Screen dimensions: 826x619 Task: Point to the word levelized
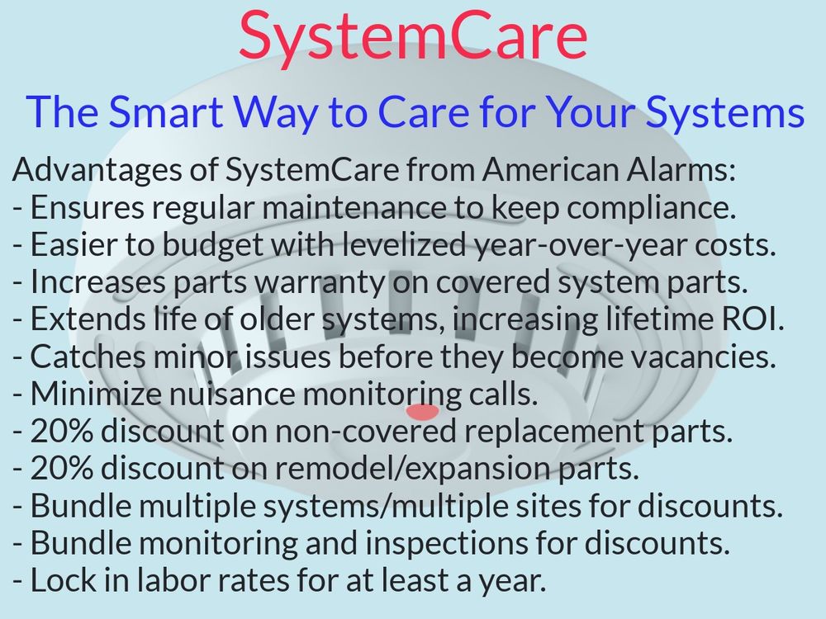[x=405, y=244]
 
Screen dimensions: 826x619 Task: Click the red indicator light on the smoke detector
[x=422, y=412]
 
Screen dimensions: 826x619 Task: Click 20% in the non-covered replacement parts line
[x=62, y=431]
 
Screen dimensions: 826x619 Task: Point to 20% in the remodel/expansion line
[x=62, y=468]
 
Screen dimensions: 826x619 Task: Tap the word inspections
[x=447, y=544]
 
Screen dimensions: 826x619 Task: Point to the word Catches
[x=88, y=357]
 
